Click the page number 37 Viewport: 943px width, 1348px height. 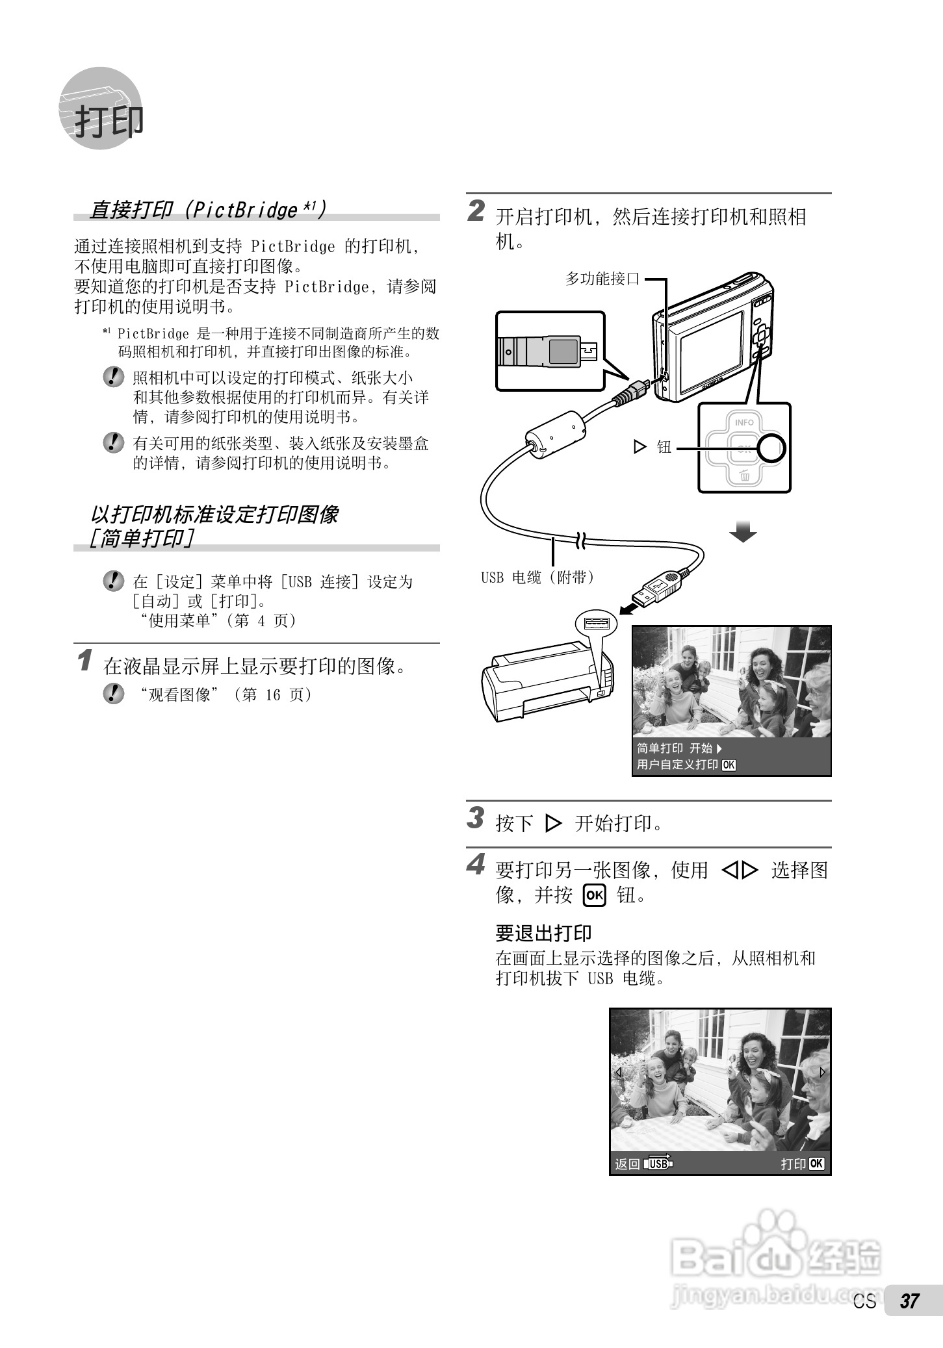click(x=909, y=1301)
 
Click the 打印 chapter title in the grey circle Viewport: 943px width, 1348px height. click(x=108, y=121)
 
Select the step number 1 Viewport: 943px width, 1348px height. click(x=84, y=661)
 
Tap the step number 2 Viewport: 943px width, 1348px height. click(x=476, y=211)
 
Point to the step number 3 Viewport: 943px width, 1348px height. click(x=476, y=818)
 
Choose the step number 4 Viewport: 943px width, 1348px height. click(x=476, y=865)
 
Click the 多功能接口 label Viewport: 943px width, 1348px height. click(x=602, y=279)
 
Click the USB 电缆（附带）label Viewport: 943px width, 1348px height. click(x=537, y=577)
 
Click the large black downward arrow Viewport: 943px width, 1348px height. click(x=743, y=532)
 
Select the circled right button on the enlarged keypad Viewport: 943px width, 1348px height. click(x=772, y=448)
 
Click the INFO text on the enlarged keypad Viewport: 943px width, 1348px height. click(x=744, y=422)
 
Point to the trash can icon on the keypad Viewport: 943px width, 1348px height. click(x=745, y=476)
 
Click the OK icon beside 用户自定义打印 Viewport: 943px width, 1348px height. click(x=729, y=765)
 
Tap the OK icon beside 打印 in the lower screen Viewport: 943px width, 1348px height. click(x=817, y=1164)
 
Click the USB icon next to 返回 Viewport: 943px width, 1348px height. click(x=658, y=1164)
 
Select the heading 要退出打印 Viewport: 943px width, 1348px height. click(x=543, y=933)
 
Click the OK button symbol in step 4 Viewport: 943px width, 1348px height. click(x=594, y=896)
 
